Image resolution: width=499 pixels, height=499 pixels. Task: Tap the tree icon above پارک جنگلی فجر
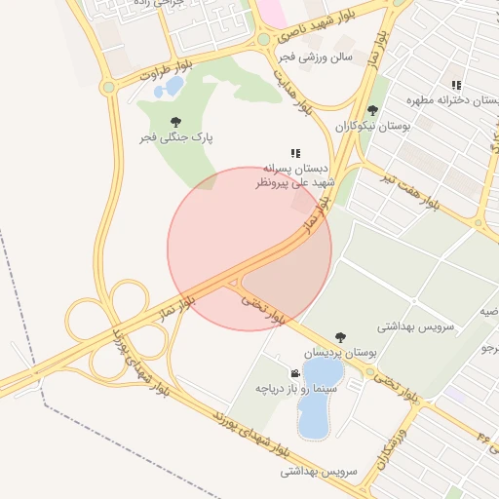click(x=175, y=122)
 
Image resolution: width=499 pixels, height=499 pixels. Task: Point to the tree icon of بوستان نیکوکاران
click(x=372, y=110)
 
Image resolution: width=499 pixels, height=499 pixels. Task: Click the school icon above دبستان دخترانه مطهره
click(x=456, y=86)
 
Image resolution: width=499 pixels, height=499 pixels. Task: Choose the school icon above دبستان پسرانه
click(x=295, y=153)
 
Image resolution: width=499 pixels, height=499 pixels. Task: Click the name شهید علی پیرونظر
click(x=295, y=182)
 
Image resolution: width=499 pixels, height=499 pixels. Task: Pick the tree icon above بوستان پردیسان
click(x=340, y=337)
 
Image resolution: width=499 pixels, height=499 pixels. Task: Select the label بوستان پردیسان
click(x=338, y=353)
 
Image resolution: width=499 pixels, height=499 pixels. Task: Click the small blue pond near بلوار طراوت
click(x=173, y=87)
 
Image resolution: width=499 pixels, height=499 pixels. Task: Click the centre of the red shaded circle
click(x=249, y=249)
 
